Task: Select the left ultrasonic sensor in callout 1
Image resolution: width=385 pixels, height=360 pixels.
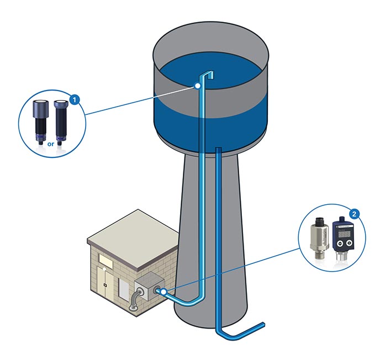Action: (41, 119)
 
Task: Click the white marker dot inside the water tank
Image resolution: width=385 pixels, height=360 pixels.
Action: (197, 86)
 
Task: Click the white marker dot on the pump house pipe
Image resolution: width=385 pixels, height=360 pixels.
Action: (164, 290)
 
